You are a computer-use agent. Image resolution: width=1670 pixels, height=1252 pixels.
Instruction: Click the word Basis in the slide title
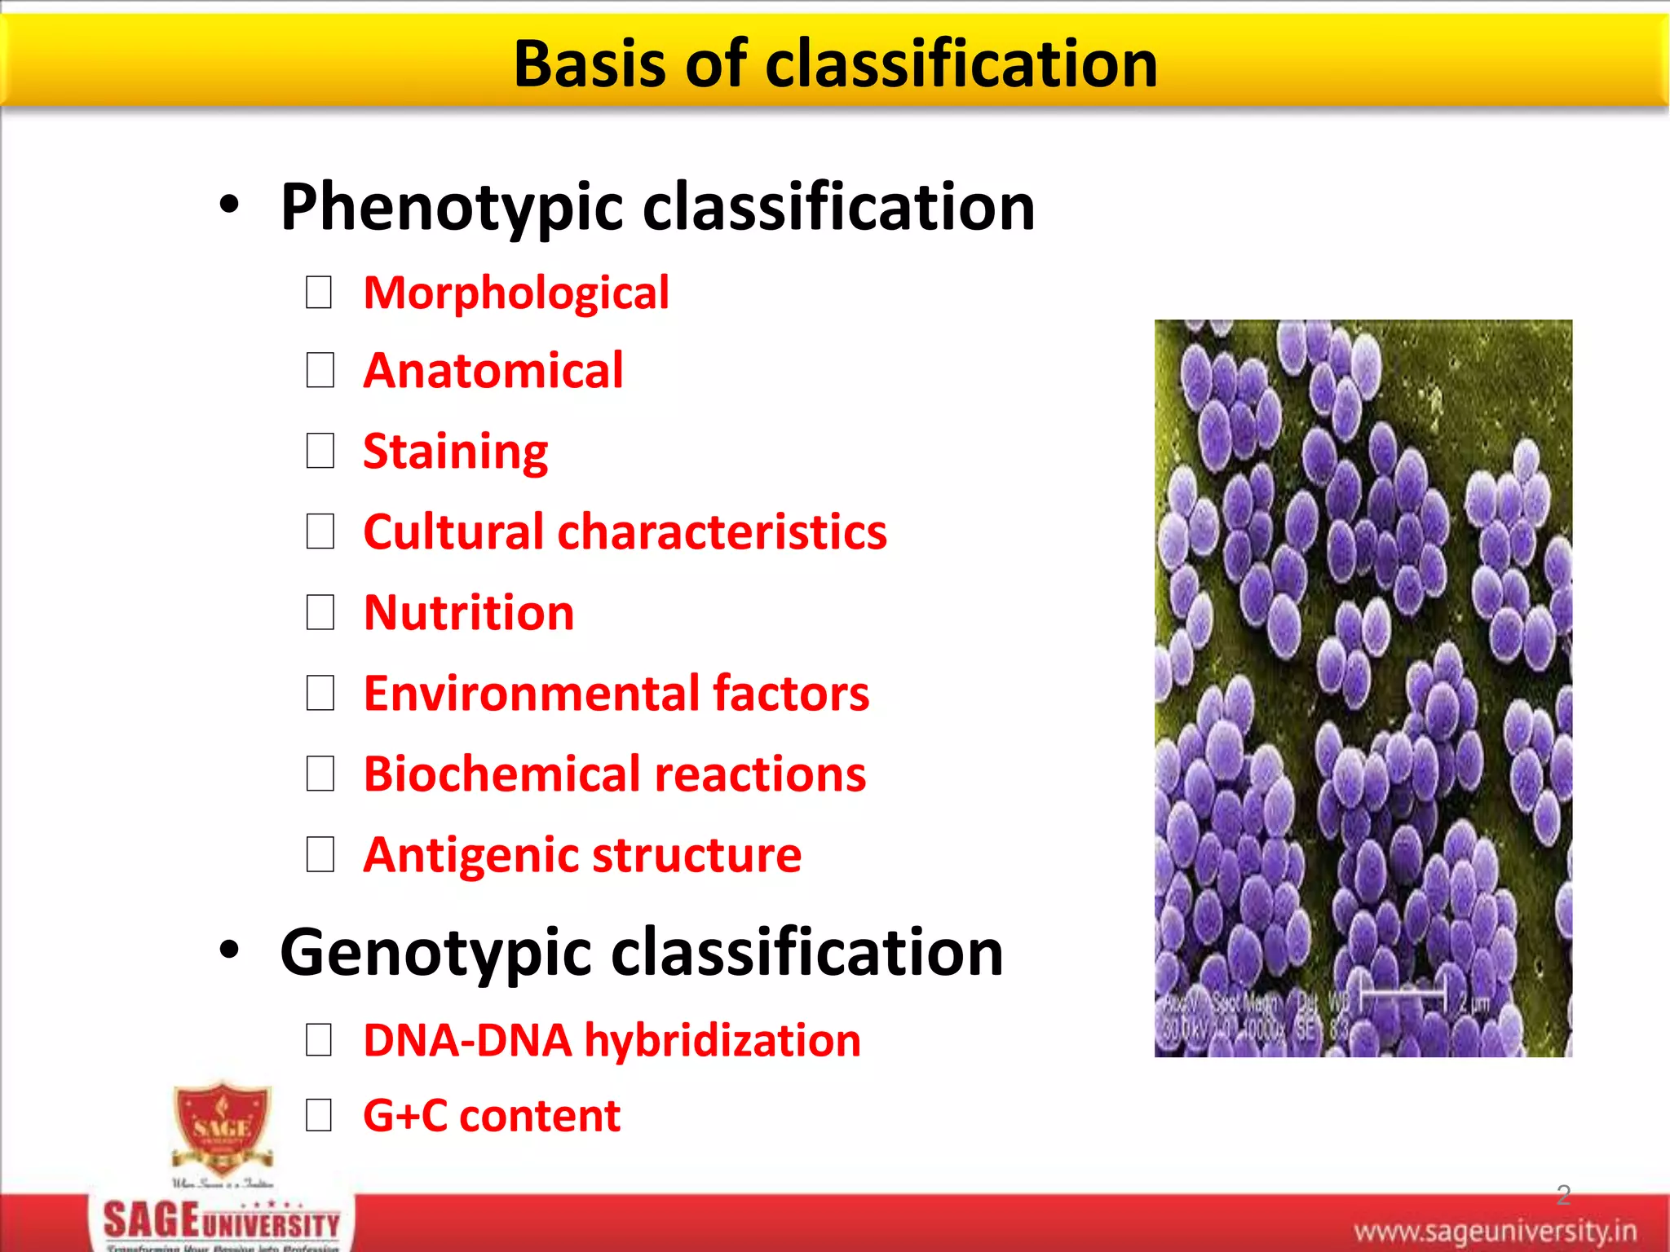pyautogui.click(x=590, y=64)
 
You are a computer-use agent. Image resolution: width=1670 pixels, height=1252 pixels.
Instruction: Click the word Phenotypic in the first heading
pyautogui.click(x=453, y=207)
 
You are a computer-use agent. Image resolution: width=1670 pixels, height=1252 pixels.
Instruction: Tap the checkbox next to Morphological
pyautogui.click(x=319, y=293)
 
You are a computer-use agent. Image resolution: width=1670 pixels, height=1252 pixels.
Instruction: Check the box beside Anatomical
pyautogui.click(x=319, y=371)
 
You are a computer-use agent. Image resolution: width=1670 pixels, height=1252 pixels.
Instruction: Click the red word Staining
pyautogui.click(x=455, y=452)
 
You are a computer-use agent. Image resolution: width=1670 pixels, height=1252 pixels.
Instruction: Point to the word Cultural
pyautogui.click(x=453, y=532)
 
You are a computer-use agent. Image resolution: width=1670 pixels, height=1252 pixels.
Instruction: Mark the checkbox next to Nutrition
pyautogui.click(x=319, y=612)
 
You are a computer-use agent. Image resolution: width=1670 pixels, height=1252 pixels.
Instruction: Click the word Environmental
pyautogui.click(x=532, y=693)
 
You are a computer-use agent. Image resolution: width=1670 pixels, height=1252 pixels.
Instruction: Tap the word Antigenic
pyautogui.click(x=471, y=854)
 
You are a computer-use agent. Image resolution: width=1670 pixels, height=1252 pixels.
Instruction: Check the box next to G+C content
pyautogui.click(x=319, y=1115)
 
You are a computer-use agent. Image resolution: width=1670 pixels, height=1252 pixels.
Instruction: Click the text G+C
pyautogui.click(x=405, y=1115)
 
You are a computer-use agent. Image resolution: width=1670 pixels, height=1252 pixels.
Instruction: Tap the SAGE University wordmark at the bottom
pyautogui.click(x=222, y=1223)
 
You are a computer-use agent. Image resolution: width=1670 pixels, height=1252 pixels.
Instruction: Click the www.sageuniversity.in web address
pyautogui.click(x=1495, y=1230)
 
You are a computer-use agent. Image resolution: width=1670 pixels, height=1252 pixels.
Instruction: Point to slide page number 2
pyautogui.click(x=1562, y=1194)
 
